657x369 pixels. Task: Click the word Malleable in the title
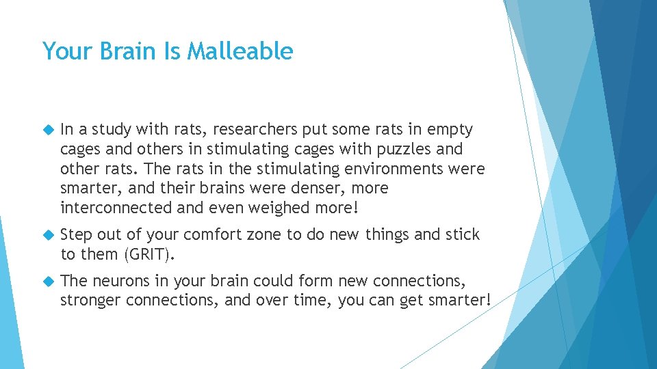(x=240, y=51)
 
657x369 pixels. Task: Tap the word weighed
(x=276, y=207)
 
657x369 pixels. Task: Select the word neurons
(x=120, y=281)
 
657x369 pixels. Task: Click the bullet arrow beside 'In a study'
(x=47, y=129)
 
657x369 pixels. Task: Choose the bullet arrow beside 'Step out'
(x=47, y=235)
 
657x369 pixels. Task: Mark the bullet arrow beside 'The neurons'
(x=47, y=281)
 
